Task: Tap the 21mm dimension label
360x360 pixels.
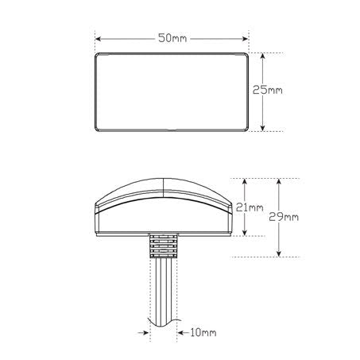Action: pyautogui.click(x=250, y=208)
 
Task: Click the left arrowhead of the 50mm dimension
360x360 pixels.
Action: pyautogui.click(x=99, y=37)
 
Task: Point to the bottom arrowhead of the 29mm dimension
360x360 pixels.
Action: pyautogui.click(x=277, y=254)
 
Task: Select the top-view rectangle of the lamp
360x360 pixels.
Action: pyautogui.click(x=172, y=91)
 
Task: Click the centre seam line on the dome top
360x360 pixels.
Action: pyautogui.click(x=163, y=188)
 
